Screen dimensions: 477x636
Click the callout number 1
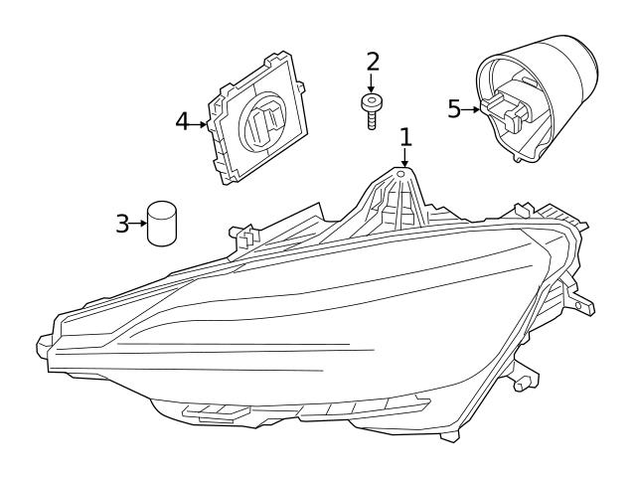405,135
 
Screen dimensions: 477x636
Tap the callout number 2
373,63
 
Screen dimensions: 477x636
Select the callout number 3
122,223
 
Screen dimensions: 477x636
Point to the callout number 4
183,122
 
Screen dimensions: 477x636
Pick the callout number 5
454,108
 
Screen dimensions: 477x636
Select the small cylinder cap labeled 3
161,223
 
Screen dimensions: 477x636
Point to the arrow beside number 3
138,223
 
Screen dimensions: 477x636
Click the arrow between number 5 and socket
471,109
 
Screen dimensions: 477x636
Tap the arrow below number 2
372,83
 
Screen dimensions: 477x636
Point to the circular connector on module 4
265,122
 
